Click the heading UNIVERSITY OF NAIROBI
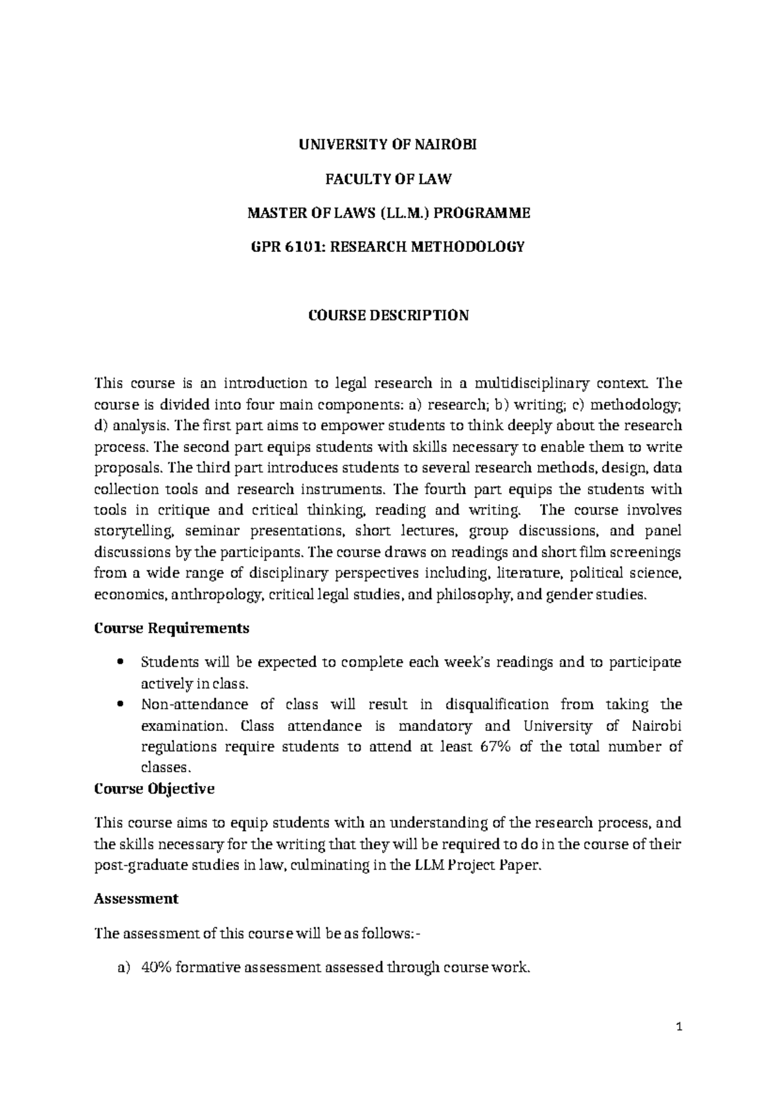pos(387,145)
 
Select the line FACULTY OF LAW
pos(387,179)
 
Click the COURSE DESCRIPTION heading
pos(387,315)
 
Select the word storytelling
pos(135,532)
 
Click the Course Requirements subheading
pos(172,628)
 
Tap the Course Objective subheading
pos(154,789)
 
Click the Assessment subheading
pos(136,899)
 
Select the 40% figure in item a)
pos(155,968)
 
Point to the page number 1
pos(679,1027)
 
